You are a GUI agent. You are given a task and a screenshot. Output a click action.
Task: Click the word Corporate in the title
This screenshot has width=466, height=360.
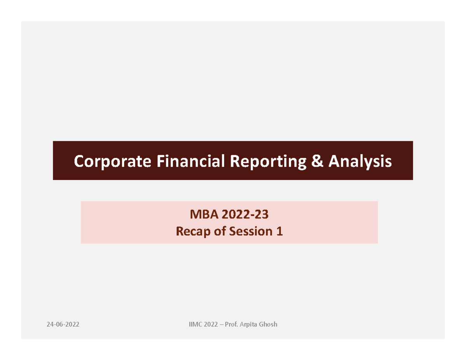[x=111, y=161]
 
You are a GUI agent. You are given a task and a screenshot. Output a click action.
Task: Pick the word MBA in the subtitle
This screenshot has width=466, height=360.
[x=201, y=214]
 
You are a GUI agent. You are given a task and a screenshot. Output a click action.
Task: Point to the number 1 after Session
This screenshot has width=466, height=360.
[x=279, y=231]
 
